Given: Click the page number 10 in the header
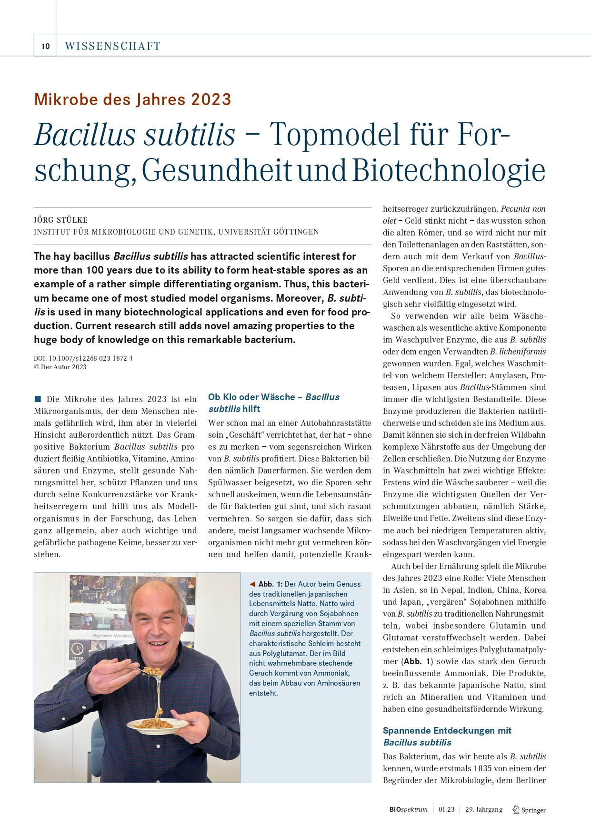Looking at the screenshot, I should (x=45, y=46).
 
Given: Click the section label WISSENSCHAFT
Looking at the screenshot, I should (x=113, y=46).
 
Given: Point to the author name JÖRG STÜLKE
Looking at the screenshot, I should (x=60, y=220).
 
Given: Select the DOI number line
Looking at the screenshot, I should (x=83, y=358).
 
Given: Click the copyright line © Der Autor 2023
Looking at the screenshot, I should (x=60, y=367).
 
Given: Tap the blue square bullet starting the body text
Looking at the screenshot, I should (x=38, y=399).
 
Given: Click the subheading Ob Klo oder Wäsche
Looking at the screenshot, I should (x=251, y=397).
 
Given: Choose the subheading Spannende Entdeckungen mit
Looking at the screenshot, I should (x=447, y=730).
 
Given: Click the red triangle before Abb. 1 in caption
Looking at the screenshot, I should (x=252, y=584).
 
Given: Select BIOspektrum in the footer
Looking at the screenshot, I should (x=408, y=809).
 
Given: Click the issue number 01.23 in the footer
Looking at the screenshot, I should (x=446, y=809).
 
